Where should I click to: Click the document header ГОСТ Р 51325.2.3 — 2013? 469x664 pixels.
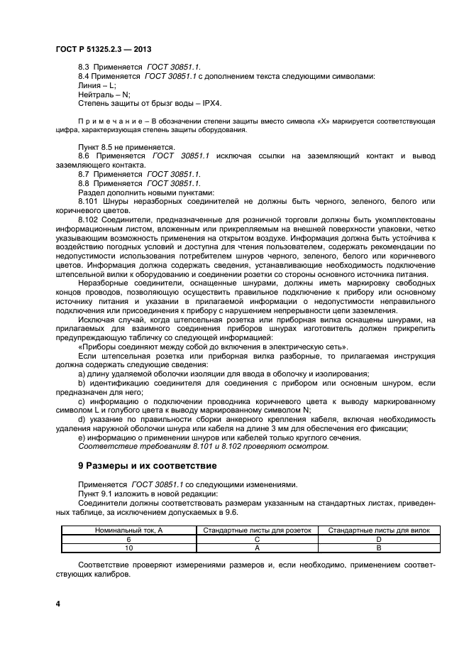[x=104, y=48]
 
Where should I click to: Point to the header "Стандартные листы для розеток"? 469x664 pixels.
[x=257, y=530]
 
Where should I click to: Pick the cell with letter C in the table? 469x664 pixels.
[x=257, y=539]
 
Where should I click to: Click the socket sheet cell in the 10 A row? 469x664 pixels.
[x=257, y=548]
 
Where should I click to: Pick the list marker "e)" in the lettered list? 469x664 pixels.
[x=82, y=437]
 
